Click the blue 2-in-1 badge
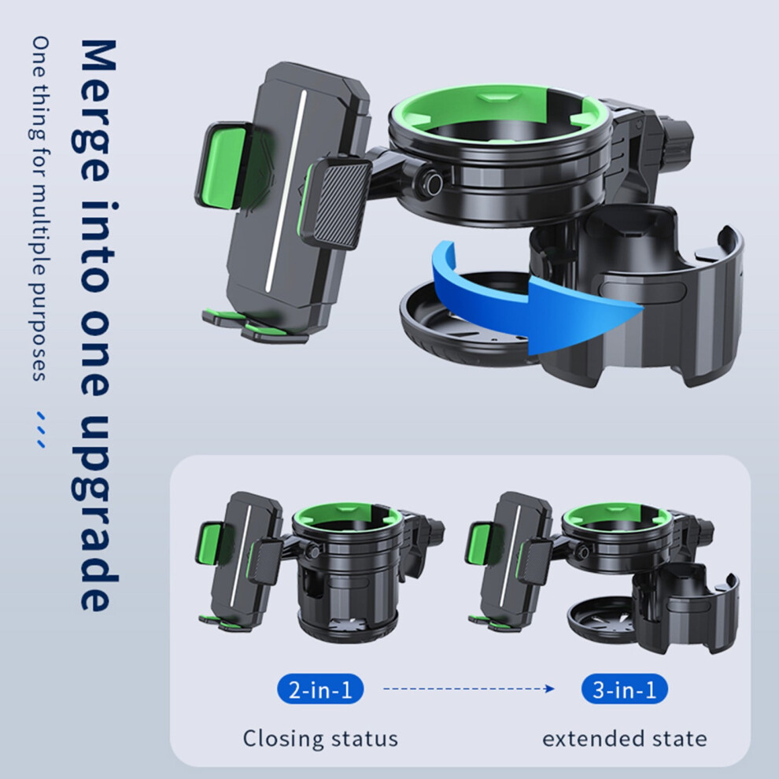click(x=320, y=689)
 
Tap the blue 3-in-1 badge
click(x=625, y=689)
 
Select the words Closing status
click(x=320, y=738)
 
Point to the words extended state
click(x=625, y=739)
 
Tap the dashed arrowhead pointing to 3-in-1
click(x=549, y=689)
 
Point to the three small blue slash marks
click(x=42, y=430)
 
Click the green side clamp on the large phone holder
click(x=222, y=165)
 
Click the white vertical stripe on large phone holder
click(x=286, y=191)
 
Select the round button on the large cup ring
click(x=430, y=184)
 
